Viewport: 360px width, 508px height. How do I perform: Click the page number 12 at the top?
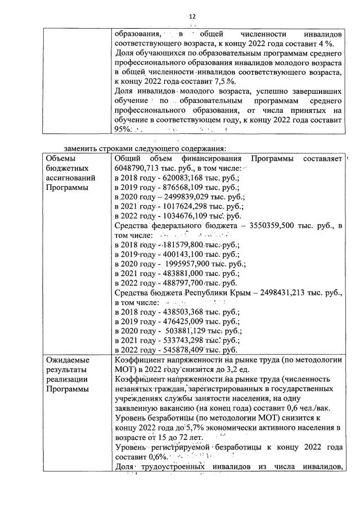[x=192, y=17]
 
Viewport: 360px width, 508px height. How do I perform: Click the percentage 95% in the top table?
[x=123, y=129]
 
